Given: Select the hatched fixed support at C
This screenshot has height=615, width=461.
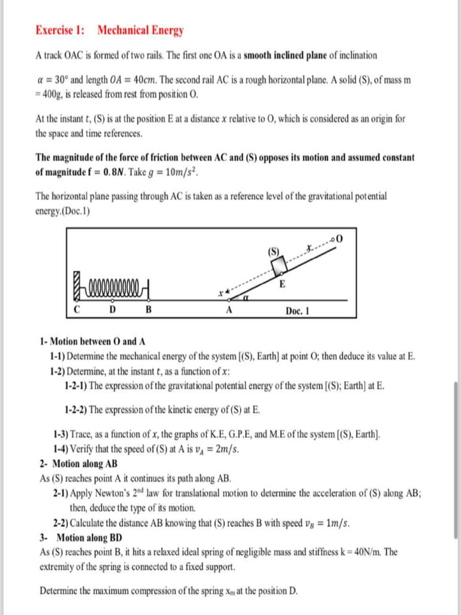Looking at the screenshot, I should coord(77,288).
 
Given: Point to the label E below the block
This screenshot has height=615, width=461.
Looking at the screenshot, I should coord(282,285).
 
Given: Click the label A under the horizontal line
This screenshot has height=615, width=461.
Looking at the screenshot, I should coord(228,311).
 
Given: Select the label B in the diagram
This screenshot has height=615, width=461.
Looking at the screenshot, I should coord(149,311).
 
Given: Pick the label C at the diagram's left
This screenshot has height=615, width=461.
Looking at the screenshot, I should coord(77,311).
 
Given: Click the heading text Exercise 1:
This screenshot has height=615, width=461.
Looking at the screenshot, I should coord(60,30).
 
